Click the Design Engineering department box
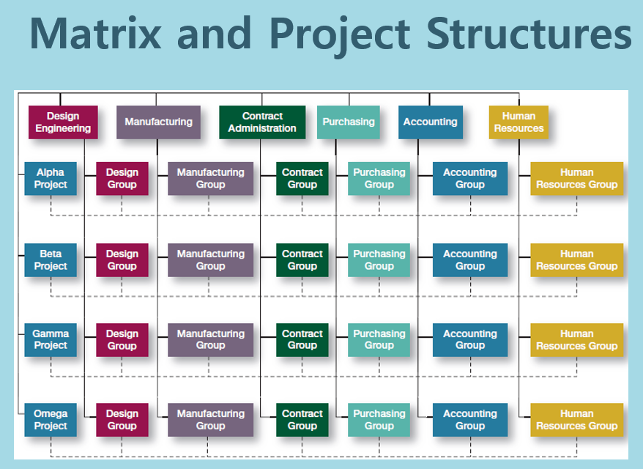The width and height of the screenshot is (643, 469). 63,122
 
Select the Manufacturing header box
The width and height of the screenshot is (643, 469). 158,122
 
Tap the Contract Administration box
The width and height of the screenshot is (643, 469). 262,122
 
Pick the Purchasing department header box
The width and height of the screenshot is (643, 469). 349,122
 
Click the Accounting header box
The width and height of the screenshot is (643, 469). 431,122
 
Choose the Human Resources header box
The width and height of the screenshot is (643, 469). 519,122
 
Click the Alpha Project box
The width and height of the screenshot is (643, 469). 51,179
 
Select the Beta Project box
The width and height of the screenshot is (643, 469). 51,260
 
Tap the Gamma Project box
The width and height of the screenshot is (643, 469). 51,340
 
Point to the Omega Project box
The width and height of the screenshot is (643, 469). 51,420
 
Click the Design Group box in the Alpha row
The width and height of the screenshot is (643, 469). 122,179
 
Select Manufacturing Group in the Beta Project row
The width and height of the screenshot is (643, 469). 210,260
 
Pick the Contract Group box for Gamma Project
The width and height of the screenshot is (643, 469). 302,340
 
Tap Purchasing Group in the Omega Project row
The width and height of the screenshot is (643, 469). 379,420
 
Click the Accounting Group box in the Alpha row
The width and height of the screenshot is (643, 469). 470,179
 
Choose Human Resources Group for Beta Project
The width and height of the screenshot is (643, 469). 577,260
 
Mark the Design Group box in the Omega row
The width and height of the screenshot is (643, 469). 122,420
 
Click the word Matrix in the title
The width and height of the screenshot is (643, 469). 95,33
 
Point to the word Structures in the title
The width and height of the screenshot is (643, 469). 529,33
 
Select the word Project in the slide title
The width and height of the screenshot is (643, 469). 340,36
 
